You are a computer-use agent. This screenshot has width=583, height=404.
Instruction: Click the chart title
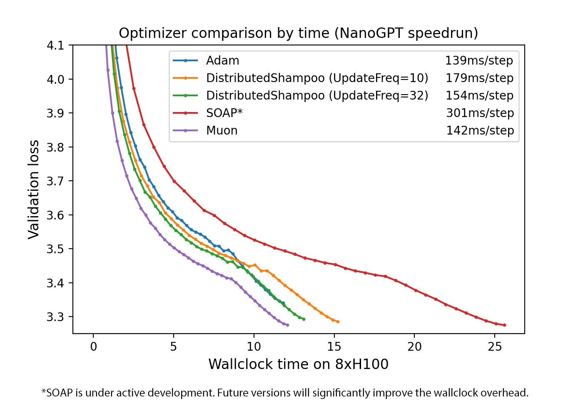click(x=298, y=33)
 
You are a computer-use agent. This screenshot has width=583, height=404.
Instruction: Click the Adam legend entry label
click(x=222, y=61)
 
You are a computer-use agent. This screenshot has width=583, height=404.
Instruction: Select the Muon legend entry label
click(x=222, y=131)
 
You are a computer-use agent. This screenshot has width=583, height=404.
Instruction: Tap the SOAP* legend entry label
click(x=224, y=113)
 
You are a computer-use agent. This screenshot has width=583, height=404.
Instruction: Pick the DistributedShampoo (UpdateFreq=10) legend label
click(x=317, y=78)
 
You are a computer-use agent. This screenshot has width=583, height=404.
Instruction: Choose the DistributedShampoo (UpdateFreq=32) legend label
click(x=317, y=96)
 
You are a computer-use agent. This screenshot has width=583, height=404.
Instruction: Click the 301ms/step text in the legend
click(x=480, y=113)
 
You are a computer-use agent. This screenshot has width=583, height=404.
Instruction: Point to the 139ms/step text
click(x=479, y=61)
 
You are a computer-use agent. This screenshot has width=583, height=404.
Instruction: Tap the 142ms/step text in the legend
click(x=480, y=131)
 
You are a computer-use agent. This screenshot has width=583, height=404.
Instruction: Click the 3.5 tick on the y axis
click(x=55, y=249)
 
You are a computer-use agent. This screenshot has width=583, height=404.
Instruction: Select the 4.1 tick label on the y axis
click(x=55, y=45)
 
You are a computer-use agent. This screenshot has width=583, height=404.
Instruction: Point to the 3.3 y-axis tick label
click(x=55, y=317)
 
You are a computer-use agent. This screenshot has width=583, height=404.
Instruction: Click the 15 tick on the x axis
click(x=334, y=347)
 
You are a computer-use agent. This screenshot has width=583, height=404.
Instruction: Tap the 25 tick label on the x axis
click(x=495, y=347)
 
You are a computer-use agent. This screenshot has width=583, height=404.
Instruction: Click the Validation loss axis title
click(x=33, y=190)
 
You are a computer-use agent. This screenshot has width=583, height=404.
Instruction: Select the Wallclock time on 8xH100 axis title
click(x=298, y=364)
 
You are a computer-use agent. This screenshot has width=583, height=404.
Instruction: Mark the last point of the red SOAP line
click(x=505, y=325)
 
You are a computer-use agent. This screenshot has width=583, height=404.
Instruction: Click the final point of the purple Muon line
click(x=288, y=325)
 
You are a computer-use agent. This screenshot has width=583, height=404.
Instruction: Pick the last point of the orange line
click(x=338, y=322)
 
